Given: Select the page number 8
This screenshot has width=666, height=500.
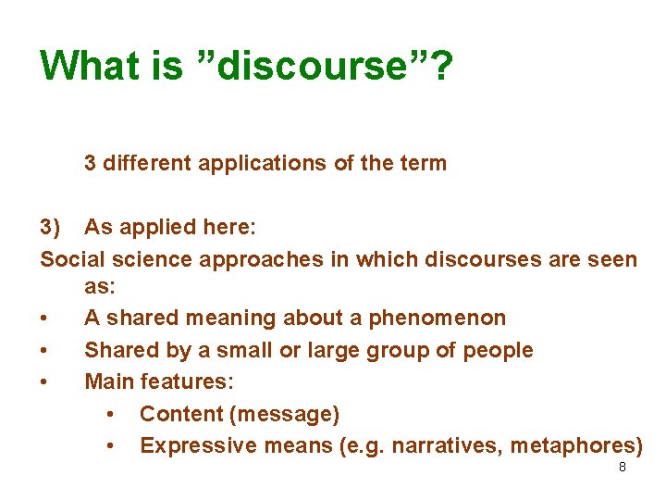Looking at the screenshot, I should click(x=622, y=468).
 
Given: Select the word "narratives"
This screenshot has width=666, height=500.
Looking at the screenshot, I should click(x=438, y=446).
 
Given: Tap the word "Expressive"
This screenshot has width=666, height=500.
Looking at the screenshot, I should click(x=194, y=446).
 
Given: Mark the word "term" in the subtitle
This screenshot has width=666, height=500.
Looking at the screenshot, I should click(x=423, y=164).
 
